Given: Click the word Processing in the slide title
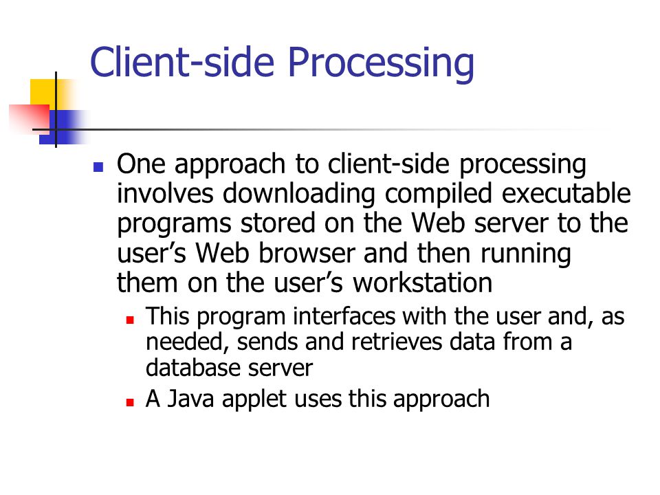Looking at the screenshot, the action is pos(381,63).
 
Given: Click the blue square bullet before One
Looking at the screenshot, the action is pos(98,167).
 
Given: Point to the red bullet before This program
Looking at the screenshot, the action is pos(130,320).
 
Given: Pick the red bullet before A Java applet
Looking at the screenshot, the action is pos(130,402).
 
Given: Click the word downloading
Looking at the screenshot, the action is pos(298,195).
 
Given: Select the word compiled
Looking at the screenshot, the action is pos(439,195).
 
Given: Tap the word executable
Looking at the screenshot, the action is pos(566,193).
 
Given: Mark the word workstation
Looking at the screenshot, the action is pos(422,283).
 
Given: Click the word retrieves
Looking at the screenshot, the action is pos(397,342).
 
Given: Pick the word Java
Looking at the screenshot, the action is pos(190,399).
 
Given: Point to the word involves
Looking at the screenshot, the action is pos(165,194).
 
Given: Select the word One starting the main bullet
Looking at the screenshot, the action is pos(141,164).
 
